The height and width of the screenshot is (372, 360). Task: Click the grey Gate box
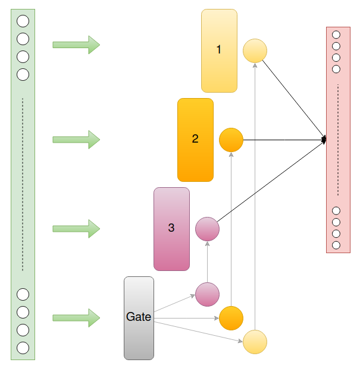[139, 318]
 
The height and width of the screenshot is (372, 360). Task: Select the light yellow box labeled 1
[219, 51]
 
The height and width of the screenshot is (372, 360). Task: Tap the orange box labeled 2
[195, 140]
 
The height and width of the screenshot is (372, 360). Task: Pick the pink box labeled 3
[171, 229]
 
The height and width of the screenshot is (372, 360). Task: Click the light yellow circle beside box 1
[255, 51]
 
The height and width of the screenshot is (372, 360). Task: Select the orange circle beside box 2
[231, 140]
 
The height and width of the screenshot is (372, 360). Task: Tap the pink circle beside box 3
[207, 229]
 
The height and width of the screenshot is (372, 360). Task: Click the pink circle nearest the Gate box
[207, 294]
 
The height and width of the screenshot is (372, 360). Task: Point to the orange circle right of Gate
[231, 318]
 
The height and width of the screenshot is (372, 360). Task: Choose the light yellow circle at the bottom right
[255, 342]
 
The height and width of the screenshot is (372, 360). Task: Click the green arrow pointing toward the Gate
[76, 318]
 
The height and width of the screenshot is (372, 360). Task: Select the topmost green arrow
[76, 45]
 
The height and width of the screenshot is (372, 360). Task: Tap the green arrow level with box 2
[76, 140]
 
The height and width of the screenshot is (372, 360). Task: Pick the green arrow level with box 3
[76, 229]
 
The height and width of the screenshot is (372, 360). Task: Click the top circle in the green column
[23, 21]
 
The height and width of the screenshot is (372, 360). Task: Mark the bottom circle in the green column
[23, 348]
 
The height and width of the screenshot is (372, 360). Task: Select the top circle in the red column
[336, 35]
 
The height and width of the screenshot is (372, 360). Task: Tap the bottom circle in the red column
[336, 245]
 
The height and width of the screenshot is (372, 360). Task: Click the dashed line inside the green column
[23, 184]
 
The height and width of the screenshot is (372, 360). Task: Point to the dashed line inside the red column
[337, 140]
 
